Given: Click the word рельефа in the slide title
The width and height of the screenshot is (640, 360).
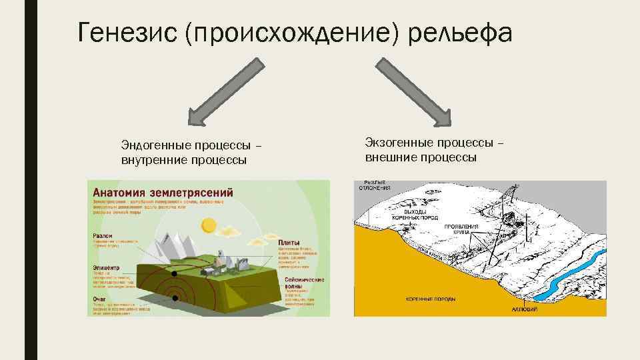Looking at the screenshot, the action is [x=461, y=32].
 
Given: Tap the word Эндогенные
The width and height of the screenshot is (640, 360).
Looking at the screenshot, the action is [x=155, y=145].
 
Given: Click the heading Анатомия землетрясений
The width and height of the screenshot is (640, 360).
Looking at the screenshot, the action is [x=163, y=191].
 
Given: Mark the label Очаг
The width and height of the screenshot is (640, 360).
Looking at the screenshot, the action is [x=100, y=299].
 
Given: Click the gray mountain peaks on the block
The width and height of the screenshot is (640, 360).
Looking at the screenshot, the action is [x=175, y=240].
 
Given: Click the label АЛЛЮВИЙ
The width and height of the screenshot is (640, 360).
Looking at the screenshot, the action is [x=524, y=310].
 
